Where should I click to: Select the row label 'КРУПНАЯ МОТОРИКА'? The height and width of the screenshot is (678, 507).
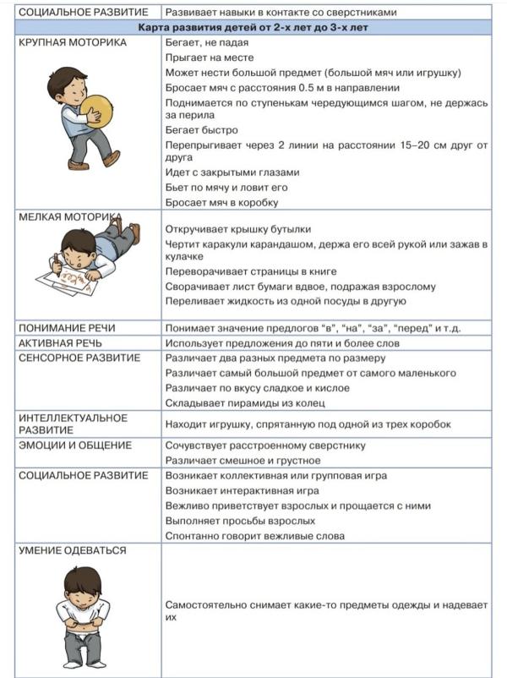click(73, 42)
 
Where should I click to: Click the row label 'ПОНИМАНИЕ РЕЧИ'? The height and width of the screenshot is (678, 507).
click(67, 328)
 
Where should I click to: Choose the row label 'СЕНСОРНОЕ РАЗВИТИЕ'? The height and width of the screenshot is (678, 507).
click(79, 358)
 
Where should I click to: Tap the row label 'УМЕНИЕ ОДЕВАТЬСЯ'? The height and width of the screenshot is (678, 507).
click(73, 550)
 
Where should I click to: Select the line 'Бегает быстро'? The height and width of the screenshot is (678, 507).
click(202, 130)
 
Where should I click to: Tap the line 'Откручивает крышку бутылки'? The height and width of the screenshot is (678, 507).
click(238, 229)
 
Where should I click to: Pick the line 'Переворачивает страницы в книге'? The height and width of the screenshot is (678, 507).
click(251, 271)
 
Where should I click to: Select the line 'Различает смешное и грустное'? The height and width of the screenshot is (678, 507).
click(243, 460)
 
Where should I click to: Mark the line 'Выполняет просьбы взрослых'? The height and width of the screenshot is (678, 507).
click(238, 520)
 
